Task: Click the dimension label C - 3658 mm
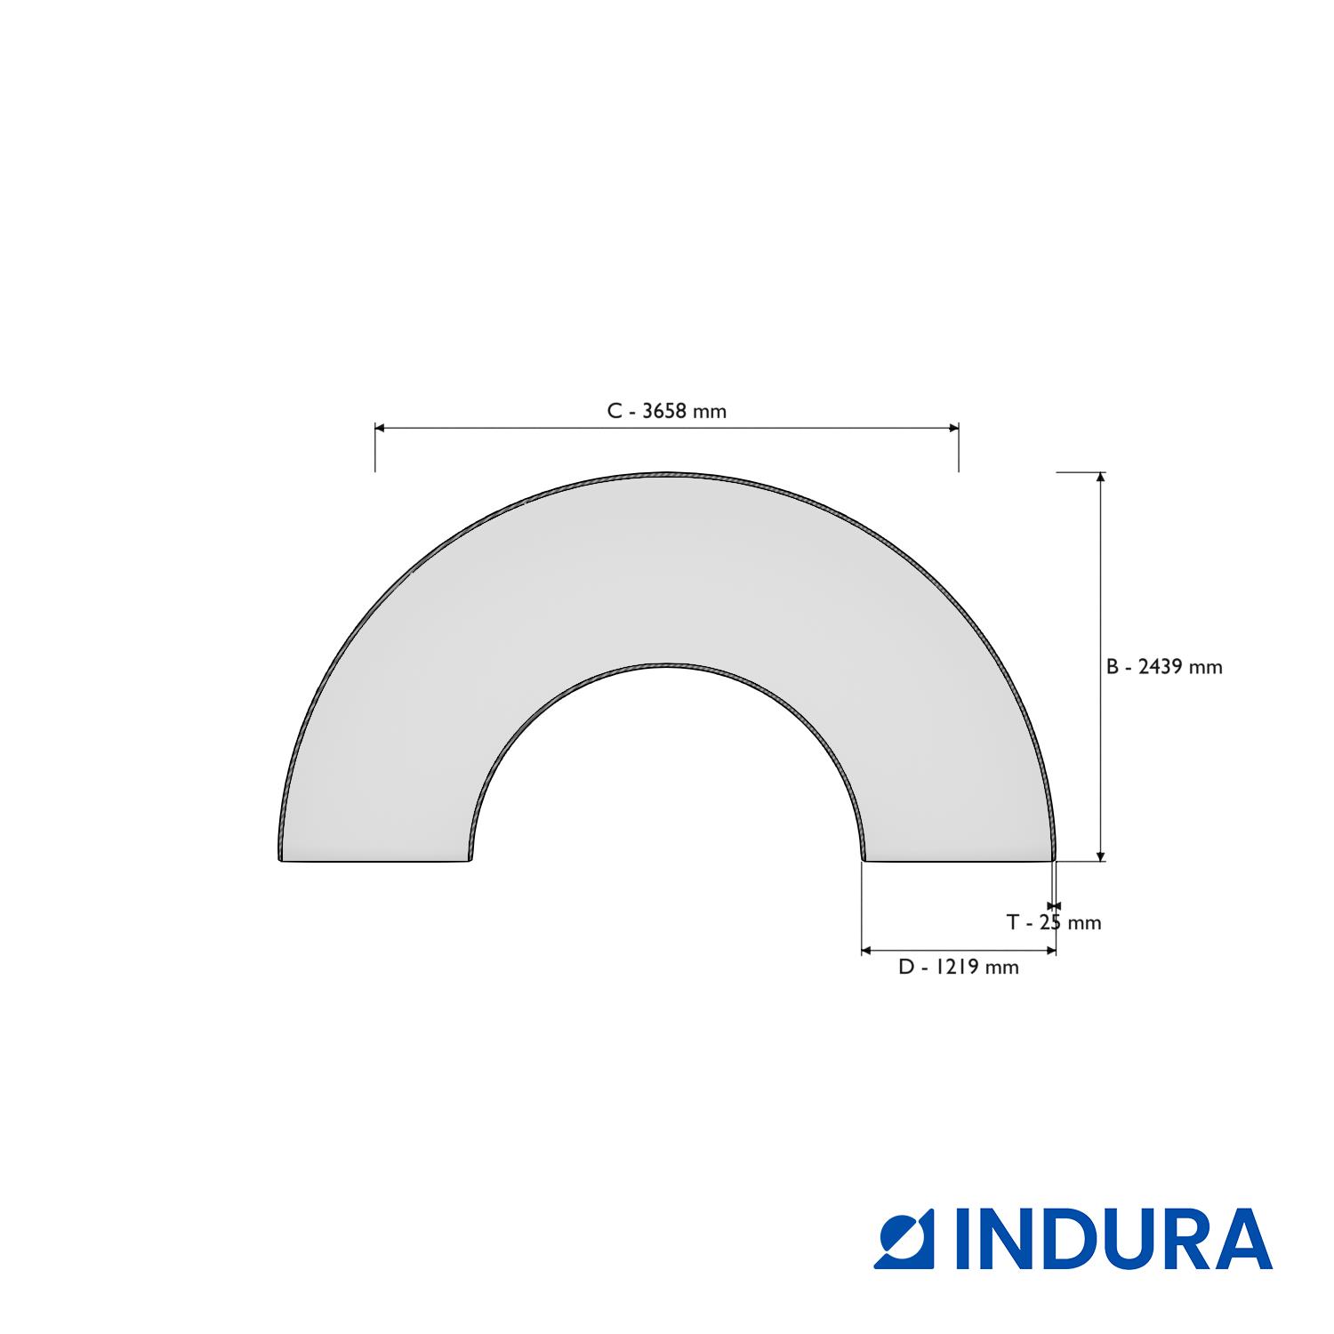point(666,411)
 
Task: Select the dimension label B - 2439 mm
point(1164,667)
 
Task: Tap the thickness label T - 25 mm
point(1054,922)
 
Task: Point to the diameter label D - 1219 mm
point(959,967)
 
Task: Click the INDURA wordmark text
point(1113,1239)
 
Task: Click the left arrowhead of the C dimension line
point(380,428)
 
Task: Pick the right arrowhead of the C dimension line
point(953,428)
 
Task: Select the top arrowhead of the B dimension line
point(1101,478)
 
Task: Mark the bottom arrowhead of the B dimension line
point(1101,856)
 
